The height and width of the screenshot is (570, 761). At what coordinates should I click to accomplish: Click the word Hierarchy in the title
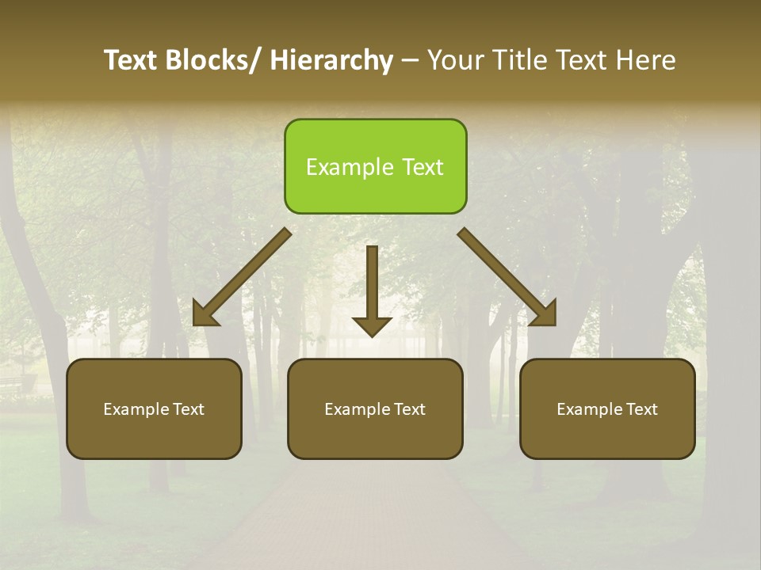point(331,60)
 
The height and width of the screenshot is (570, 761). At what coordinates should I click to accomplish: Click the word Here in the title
point(648,60)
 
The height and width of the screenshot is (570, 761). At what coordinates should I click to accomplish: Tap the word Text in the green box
point(423,167)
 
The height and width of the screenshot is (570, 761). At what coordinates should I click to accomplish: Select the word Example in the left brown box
point(135,409)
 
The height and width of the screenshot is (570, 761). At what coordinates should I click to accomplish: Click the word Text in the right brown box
point(641,409)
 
